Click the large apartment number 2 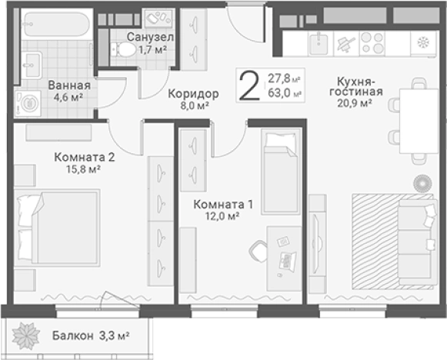point(249,85)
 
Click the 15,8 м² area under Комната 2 point(84,170)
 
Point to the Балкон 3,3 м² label point(91,335)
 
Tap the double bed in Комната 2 point(58,226)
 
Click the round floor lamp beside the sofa point(421,183)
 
